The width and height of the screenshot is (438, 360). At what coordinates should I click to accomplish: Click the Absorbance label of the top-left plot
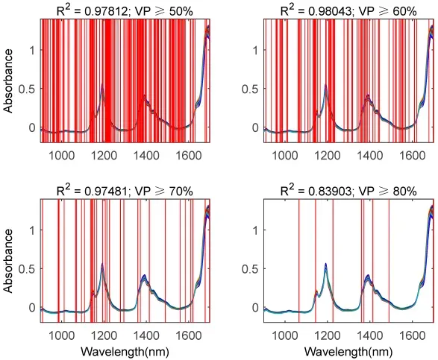9,81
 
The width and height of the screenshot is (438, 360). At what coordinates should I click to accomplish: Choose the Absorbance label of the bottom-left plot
9,261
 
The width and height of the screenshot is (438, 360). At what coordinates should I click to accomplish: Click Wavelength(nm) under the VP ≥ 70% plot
125,351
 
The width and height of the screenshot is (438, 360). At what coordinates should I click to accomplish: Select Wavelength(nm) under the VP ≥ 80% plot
348,351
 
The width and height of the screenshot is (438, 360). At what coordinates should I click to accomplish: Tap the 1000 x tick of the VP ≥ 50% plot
62,156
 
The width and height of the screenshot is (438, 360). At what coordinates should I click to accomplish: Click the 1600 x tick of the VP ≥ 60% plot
413,156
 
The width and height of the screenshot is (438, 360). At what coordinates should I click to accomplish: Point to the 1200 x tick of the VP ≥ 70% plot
104,335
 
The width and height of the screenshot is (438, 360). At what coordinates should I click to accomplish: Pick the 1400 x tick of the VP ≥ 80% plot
370,335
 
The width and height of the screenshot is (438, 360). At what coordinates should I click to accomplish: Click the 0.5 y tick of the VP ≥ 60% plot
251,89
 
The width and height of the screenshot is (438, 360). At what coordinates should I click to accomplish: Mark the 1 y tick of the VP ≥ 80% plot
256,230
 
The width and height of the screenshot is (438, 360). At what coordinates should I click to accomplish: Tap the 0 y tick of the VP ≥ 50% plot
32,127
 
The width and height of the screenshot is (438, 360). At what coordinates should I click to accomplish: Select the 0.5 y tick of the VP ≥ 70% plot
27,269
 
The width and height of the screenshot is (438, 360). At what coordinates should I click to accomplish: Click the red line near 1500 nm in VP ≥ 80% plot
389,261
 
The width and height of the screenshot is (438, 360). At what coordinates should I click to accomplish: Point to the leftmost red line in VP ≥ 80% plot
299,261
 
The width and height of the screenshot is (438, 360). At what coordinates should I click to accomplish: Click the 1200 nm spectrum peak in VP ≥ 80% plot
326,264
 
